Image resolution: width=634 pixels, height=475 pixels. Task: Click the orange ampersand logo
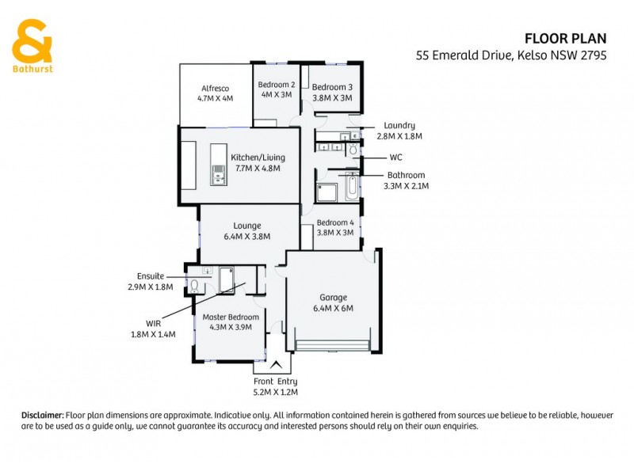[32, 39]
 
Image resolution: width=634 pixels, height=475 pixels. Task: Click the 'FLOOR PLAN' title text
[566, 38]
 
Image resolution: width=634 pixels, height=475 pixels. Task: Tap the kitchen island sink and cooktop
[218, 165]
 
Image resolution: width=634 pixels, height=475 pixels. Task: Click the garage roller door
[332, 345]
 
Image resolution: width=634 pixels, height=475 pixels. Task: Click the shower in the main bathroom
[326, 192]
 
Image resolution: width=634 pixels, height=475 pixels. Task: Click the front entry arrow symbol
[276, 365]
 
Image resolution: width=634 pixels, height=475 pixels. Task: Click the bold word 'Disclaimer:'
[41, 415]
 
